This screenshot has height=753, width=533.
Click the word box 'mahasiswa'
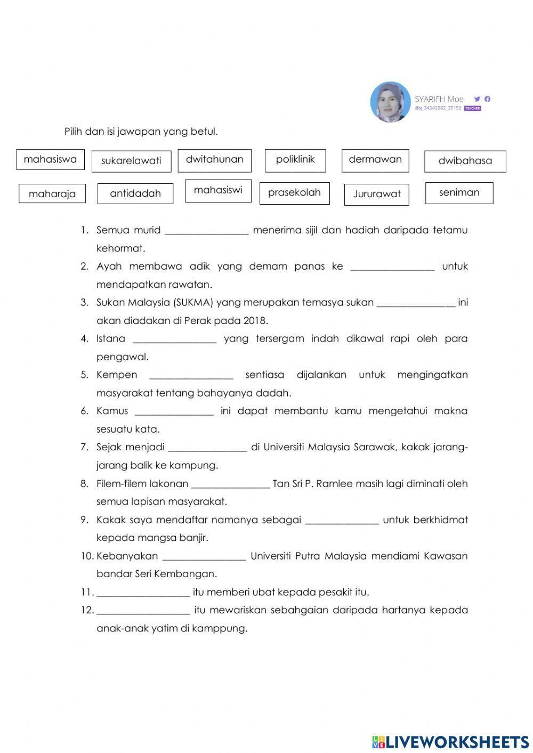click(x=50, y=159)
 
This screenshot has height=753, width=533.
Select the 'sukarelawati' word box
click(x=131, y=161)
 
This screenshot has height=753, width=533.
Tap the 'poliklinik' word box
click(x=295, y=160)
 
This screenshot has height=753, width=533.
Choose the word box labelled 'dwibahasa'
click(x=465, y=161)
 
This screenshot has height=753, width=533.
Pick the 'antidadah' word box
click(x=135, y=193)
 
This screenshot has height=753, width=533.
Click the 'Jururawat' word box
click(x=377, y=194)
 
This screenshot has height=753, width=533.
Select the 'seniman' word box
click(x=459, y=192)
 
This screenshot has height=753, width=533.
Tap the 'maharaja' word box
click(x=52, y=194)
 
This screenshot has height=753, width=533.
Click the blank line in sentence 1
click(x=207, y=231)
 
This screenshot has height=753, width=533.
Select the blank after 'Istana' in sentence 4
click(x=174, y=339)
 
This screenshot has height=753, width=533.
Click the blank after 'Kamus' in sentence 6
click(x=174, y=412)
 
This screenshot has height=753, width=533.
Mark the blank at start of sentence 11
click(x=143, y=593)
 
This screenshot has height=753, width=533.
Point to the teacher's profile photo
click(x=390, y=102)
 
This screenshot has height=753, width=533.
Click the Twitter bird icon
click(x=477, y=99)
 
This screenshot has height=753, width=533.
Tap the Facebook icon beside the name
click(x=487, y=99)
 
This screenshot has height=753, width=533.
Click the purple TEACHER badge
click(x=472, y=108)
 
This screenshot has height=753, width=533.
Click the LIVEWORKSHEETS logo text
click(x=457, y=742)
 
